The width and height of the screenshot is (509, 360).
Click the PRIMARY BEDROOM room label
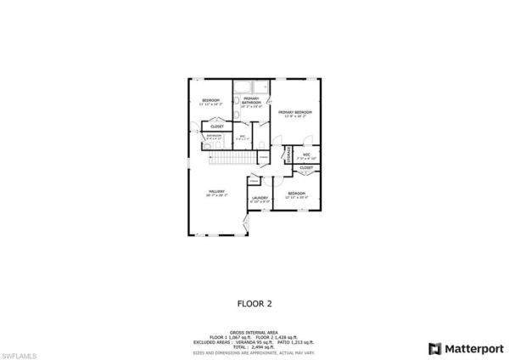[x=295, y=112]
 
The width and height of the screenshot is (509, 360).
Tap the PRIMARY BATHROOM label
[x=251, y=99]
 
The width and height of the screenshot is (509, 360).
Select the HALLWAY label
[x=216, y=192]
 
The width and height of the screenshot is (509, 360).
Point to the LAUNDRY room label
[x=260, y=198]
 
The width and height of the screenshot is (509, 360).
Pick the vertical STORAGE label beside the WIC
[x=288, y=154]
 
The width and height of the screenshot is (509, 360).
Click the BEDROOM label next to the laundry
[x=296, y=194]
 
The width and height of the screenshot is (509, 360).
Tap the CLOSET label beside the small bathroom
[x=216, y=127]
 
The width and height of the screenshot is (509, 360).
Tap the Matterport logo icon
[x=435, y=348]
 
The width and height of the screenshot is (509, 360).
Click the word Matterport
[x=471, y=348]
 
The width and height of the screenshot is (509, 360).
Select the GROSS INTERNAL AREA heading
[x=254, y=332]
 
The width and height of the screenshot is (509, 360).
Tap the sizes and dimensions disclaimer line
[x=254, y=352]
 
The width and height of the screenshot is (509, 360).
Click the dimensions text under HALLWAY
[x=216, y=196]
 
